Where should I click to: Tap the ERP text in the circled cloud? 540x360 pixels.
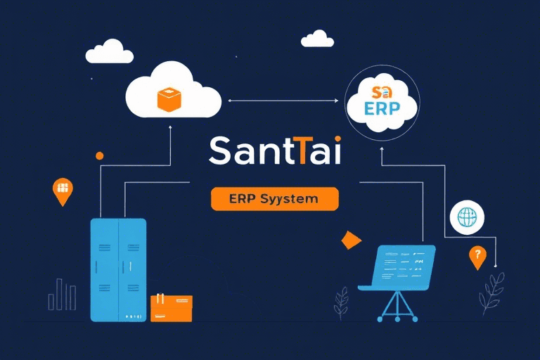click(x=382, y=110)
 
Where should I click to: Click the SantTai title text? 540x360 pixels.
click(x=275, y=152)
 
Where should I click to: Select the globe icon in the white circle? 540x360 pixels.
click(x=467, y=217)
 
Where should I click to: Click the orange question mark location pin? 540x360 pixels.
click(x=477, y=257)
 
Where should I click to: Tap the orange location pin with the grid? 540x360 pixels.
click(x=63, y=191)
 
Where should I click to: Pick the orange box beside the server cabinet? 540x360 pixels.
click(x=171, y=308)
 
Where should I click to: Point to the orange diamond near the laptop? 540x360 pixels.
click(x=350, y=240)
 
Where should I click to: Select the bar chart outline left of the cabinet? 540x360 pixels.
click(x=62, y=295)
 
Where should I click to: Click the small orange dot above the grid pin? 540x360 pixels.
click(x=99, y=155)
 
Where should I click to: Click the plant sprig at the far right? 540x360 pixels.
click(x=492, y=292)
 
